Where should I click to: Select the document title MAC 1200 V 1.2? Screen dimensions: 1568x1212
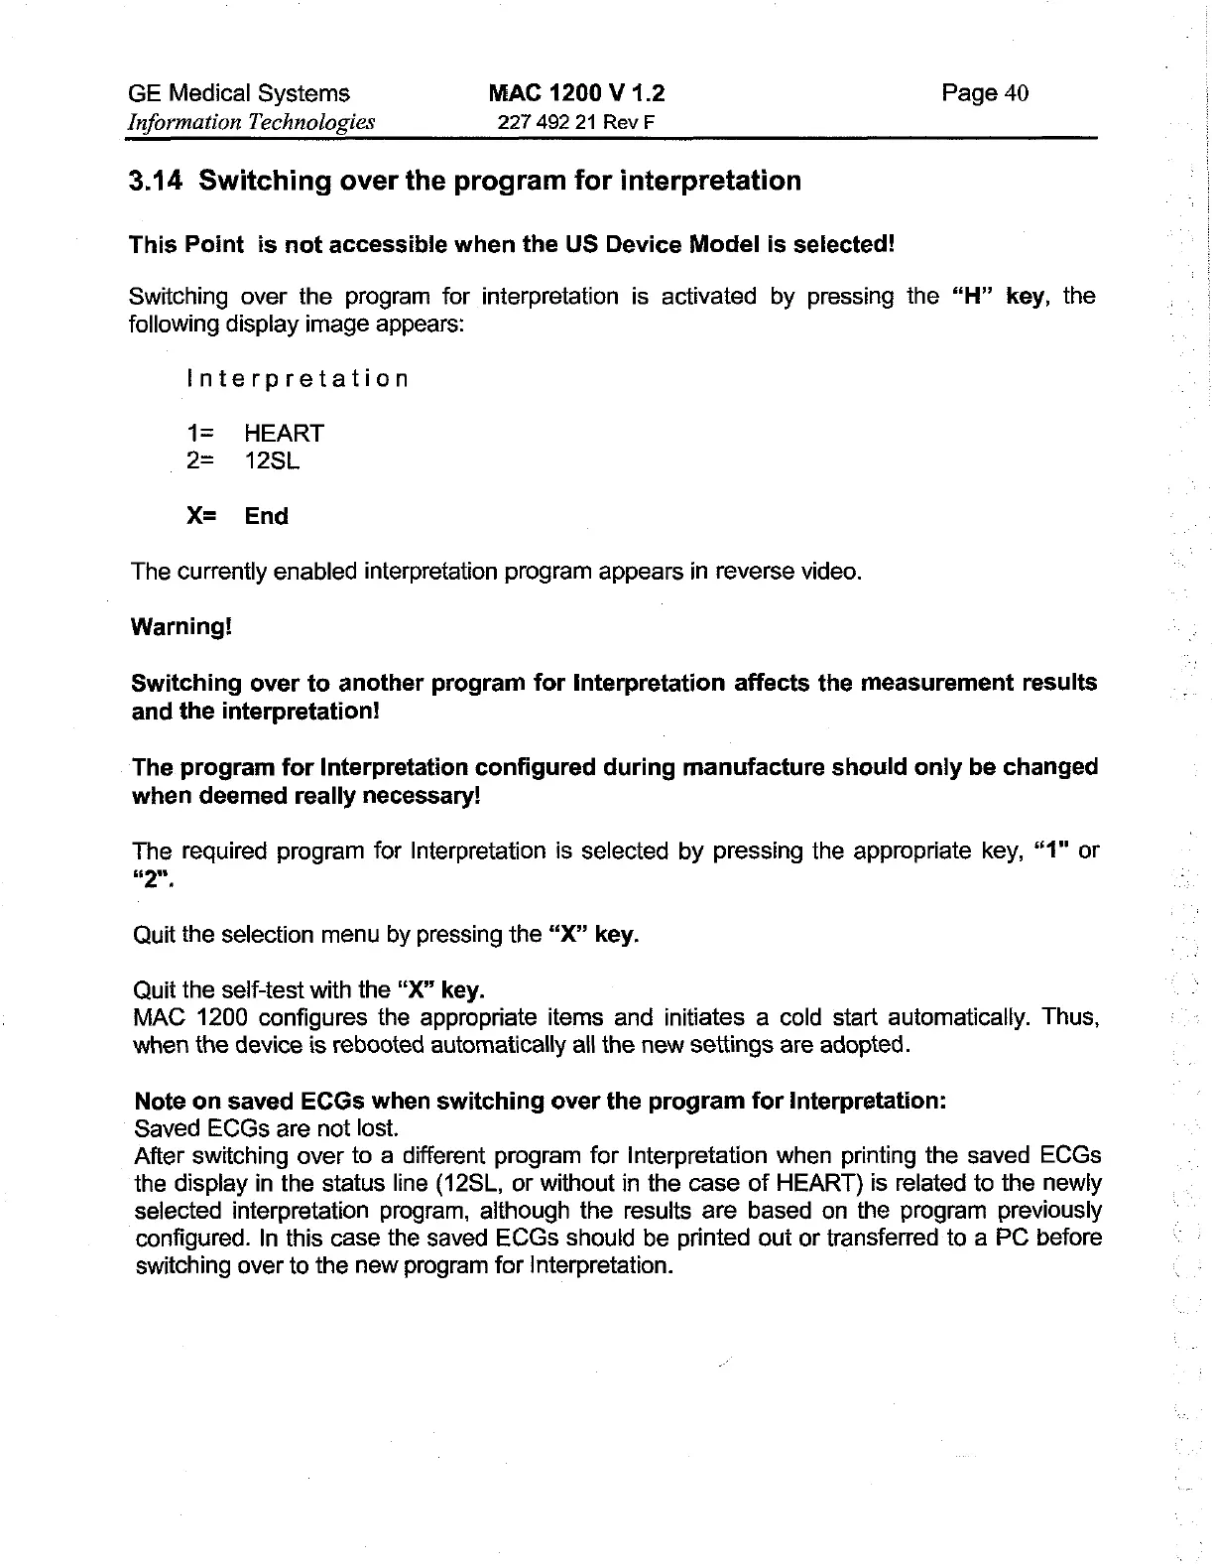576,93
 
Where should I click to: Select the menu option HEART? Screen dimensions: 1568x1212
284,434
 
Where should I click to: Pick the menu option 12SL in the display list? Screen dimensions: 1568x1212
272,461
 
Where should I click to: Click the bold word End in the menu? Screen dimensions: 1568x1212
267,516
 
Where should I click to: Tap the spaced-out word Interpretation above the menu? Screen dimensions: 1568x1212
297,379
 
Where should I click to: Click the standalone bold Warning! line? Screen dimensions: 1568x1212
182,627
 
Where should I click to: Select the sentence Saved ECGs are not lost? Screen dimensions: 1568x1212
266,1129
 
